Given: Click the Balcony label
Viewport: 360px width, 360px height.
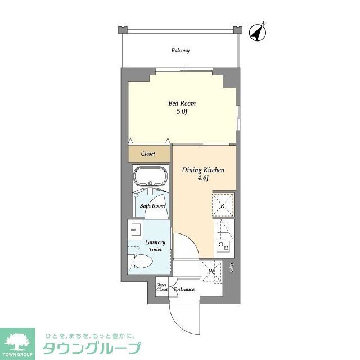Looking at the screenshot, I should (180, 51).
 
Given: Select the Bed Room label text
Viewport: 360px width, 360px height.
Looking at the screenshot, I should (183, 103).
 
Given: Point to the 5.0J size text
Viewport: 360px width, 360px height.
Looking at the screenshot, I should (183, 111).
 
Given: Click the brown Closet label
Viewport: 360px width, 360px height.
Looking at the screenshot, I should (148, 154).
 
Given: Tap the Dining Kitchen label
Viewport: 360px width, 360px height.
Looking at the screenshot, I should (204, 169).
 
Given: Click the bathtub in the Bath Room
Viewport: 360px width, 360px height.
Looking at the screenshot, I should (150, 178).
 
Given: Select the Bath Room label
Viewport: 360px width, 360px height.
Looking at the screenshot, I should (152, 206).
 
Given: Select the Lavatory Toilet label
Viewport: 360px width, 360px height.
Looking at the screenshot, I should (155, 246).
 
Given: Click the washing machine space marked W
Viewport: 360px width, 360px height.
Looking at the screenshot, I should (211, 271).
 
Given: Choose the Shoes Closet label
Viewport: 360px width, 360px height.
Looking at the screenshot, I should (162, 287).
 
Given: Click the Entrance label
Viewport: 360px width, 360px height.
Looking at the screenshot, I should (184, 290).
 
